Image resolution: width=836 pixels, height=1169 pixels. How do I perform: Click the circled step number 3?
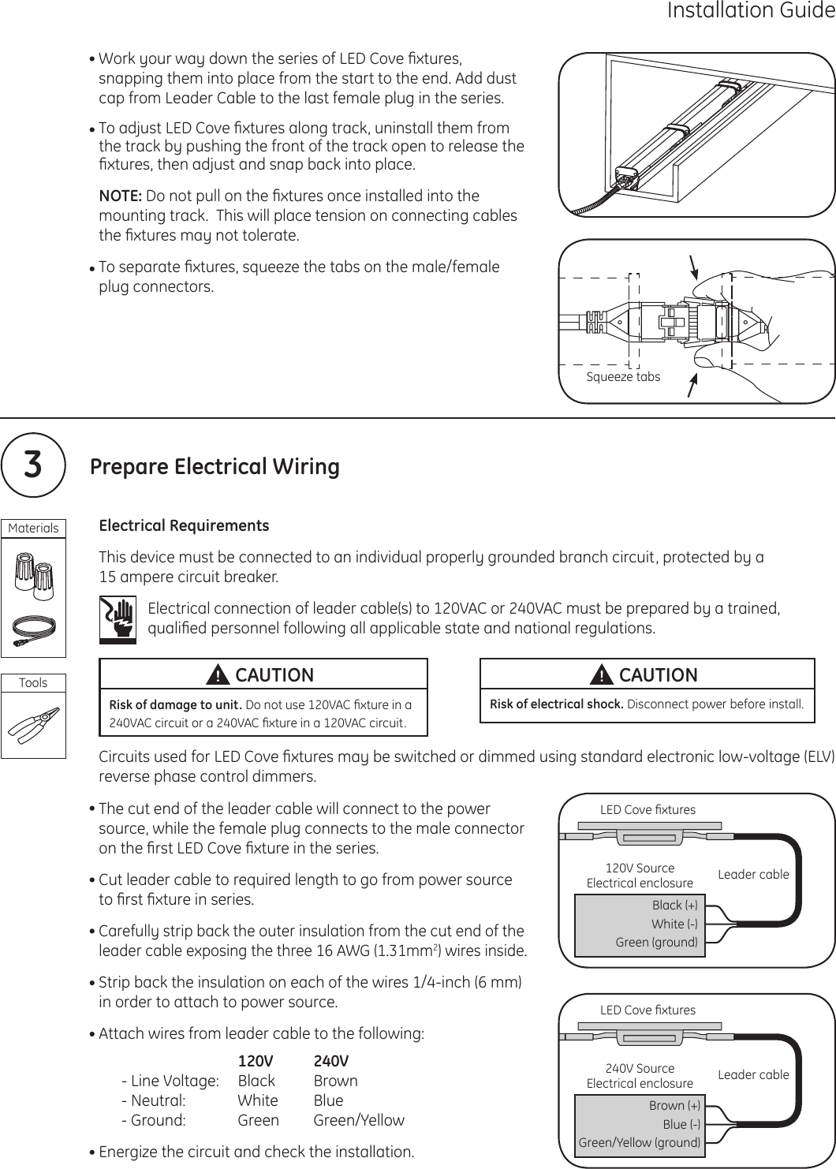coord(32,465)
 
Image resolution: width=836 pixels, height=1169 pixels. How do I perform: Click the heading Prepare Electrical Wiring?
coord(215,467)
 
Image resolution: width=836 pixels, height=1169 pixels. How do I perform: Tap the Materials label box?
coord(33,528)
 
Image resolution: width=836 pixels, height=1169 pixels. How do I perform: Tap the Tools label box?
coord(33,682)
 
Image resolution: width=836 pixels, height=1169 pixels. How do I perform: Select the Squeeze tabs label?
coord(623,377)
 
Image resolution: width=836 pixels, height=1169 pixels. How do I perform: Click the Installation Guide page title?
coord(750,11)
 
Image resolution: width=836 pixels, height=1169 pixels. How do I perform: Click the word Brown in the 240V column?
coord(335,1081)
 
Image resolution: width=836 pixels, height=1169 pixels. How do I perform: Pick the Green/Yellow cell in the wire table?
coord(359,1120)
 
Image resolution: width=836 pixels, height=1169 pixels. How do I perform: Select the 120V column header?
coord(256,1061)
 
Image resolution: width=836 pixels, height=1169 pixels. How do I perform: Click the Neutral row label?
coord(154,1100)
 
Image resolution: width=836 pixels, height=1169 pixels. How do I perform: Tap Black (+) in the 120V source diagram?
coord(674,905)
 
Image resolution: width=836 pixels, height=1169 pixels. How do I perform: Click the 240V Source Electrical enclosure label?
coord(640,1076)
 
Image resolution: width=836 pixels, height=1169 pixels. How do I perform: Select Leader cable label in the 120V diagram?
coord(753,874)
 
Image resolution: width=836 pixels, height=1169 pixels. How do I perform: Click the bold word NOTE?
coord(120,196)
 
